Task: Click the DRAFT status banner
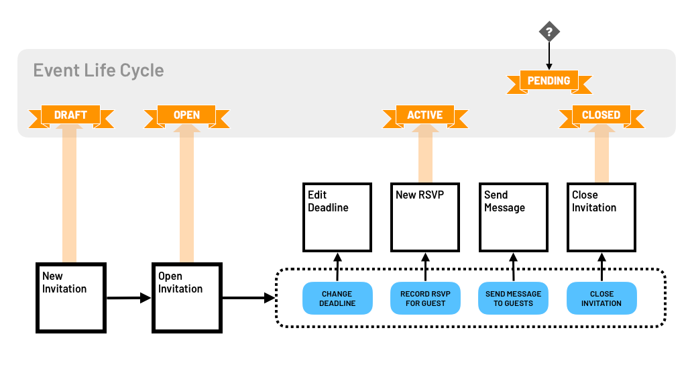[70, 115]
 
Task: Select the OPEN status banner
[186, 115]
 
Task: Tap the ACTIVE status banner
[424, 115]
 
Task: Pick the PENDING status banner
[549, 81]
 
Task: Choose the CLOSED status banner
[601, 115]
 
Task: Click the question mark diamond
[549, 32]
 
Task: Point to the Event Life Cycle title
[99, 70]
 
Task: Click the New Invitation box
[71, 297]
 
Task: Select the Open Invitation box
[187, 297]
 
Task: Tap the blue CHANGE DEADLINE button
[337, 299]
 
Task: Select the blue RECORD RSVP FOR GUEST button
[425, 299]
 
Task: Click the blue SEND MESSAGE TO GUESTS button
[513, 299]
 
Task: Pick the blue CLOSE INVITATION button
[601, 299]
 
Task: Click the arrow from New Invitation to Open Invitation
[129, 298]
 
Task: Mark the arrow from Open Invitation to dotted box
[248, 298]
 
